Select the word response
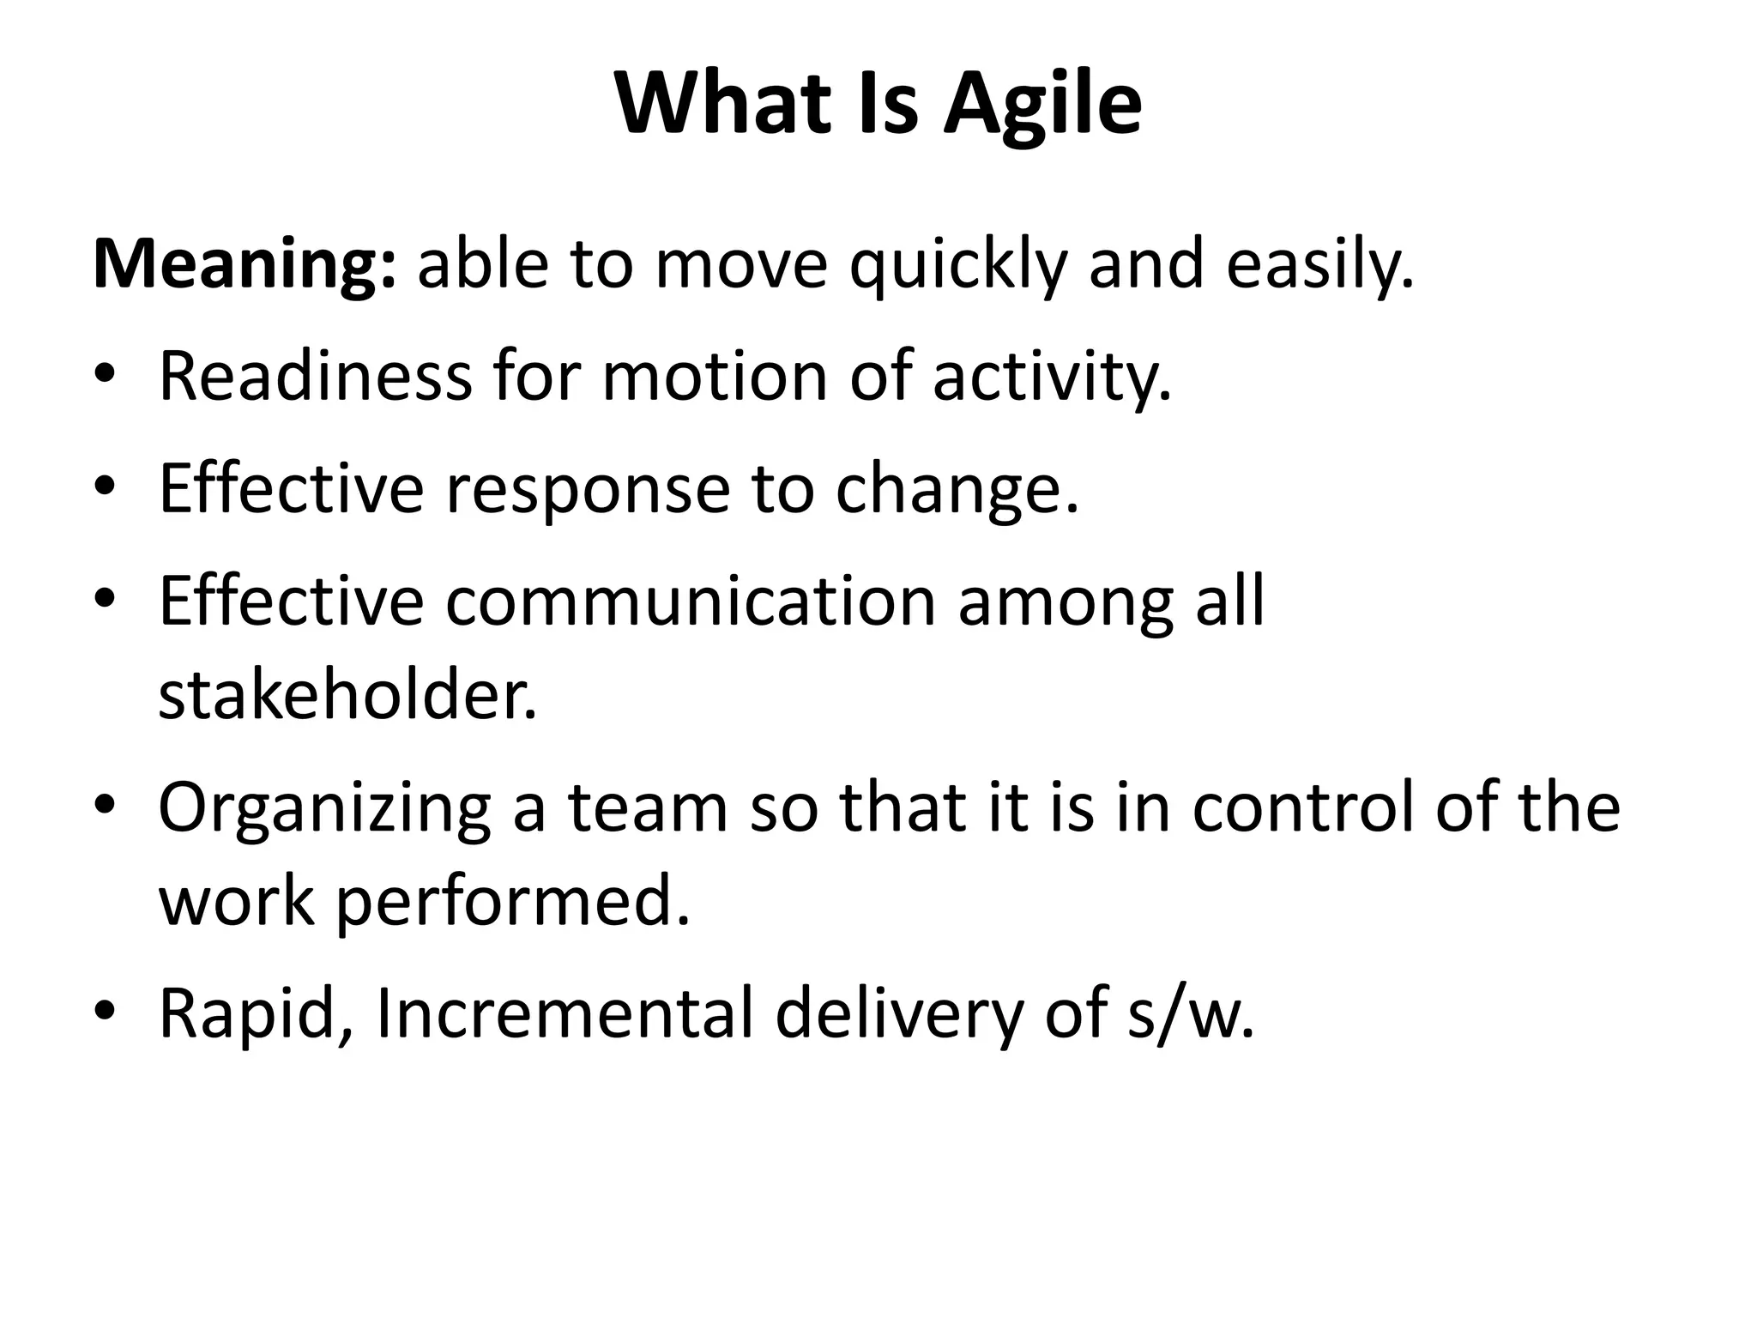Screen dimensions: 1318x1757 587,489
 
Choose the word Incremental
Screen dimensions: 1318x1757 564,1013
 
